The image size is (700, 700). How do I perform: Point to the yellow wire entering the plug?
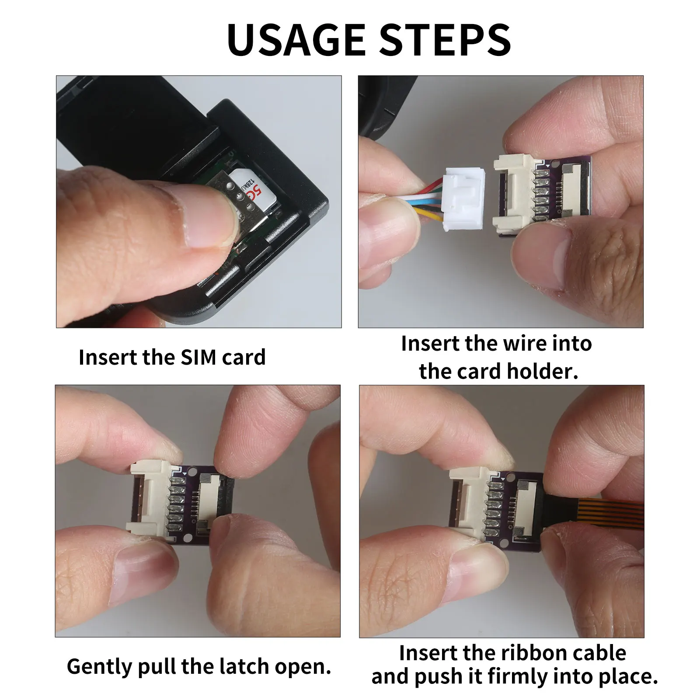(426, 214)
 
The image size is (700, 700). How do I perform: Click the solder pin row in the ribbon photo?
(494, 507)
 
